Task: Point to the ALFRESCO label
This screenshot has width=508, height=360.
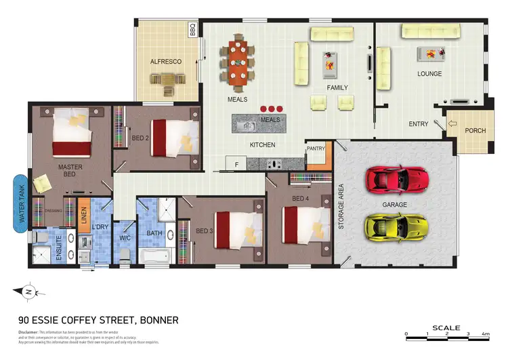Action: pos(166,62)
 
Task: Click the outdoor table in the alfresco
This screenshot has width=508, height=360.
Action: pos(167,83)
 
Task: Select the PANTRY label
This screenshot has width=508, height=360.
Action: pos(316,148)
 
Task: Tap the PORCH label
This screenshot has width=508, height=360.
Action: pos(476,130)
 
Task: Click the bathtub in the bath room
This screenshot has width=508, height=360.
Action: pos(159,256)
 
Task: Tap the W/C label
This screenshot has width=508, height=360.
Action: pos(125,238)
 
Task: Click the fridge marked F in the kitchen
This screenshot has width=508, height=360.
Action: pos(236,163)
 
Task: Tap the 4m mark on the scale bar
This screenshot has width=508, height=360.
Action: pos(485,334)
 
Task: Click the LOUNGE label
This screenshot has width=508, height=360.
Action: pos(429,74)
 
